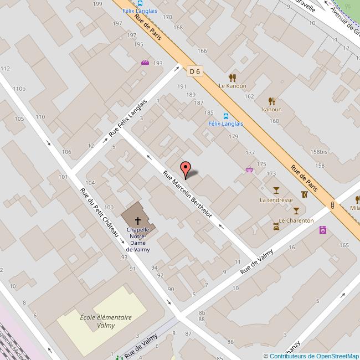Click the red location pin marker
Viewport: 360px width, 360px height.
pos(186,169)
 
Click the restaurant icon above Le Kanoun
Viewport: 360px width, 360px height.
pos(233,78)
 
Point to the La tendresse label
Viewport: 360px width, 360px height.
pos(276,199)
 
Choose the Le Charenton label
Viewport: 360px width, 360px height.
pos(296,220)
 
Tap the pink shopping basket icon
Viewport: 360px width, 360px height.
pos(250,169)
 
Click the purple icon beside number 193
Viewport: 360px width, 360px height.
pos(145,63)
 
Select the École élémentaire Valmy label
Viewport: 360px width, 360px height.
pos(105,321)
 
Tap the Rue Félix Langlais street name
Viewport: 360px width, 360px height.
pos(128,118)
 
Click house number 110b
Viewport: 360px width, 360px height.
pos(19,89)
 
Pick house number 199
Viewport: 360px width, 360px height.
pos(98,4)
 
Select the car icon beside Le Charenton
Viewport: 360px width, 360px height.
pos(275,226)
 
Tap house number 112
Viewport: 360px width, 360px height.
pos(6,68)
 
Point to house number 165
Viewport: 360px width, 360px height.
pos(344,245)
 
